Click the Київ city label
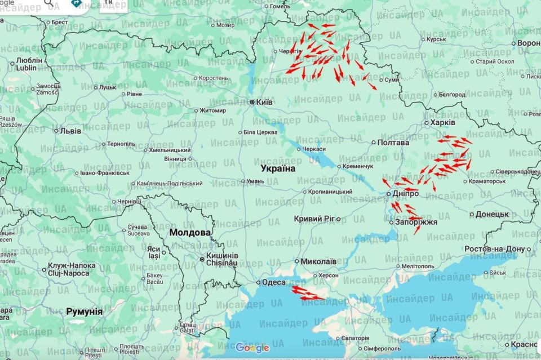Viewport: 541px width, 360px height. [x=264, y=102]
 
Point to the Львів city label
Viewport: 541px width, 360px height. [x=70, y=131]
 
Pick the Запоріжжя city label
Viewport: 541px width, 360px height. [x=416, y=223]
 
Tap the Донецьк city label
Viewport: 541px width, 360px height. [x=492, y=214]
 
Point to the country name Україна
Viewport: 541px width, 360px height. [x=278, y=168]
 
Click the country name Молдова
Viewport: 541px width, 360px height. [x=190, y=232]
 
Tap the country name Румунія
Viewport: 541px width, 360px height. [x=85, y=311]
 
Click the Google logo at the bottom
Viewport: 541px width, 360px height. [x=252, y=348]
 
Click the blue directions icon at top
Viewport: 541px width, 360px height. [x=76, y=3]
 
